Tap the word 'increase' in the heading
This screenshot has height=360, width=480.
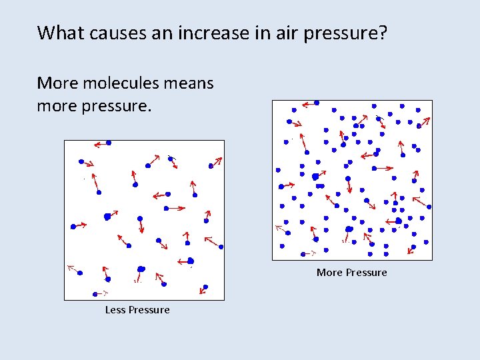pos(210,33)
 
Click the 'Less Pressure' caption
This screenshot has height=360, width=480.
pos(137,310)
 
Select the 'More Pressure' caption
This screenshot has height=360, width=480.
pos(351,273)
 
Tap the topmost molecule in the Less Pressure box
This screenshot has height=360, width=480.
pos(109,143)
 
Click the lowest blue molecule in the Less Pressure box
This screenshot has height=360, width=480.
pos(95,293)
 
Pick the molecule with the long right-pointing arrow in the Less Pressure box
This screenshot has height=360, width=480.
pos(167,208)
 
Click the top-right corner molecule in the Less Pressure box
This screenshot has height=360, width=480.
pos(211,165)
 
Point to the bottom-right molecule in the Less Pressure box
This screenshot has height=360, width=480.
pos(205,287)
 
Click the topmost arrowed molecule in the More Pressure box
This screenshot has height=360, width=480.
pos(317,103)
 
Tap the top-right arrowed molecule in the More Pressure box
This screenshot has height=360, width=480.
pos(419,125)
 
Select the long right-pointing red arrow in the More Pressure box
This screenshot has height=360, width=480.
pos(384,168)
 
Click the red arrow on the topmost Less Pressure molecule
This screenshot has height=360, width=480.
pos(100,144)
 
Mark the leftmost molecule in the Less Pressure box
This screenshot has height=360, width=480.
pos(73,227)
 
